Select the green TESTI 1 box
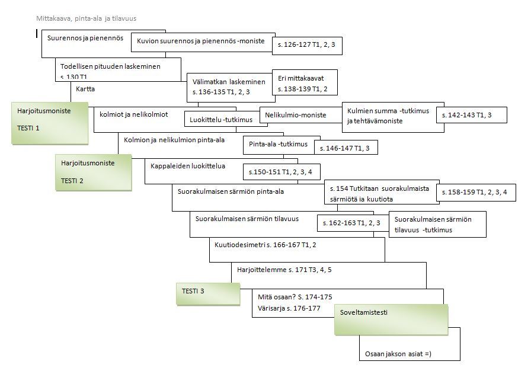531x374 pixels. pyautogui.click(x=50, y=123)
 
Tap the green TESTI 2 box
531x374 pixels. pyautogui.click(x=93, y=172)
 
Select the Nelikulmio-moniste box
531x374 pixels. pyautogui.click(x=300, y=116)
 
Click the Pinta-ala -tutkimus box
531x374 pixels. pyautogui.click(x=277, y=145)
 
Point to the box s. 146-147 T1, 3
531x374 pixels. pyautogui.click(x=345, y=147)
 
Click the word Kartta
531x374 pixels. pyautogui.click(x=85, y=89)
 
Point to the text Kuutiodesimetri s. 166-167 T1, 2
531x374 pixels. pyautogui.click(x=265, y=244)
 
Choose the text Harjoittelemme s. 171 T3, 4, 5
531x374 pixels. pyautogui.click(x=284, y=270)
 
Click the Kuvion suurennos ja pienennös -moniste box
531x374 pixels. pyautogui.click(x=201, y=41)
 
